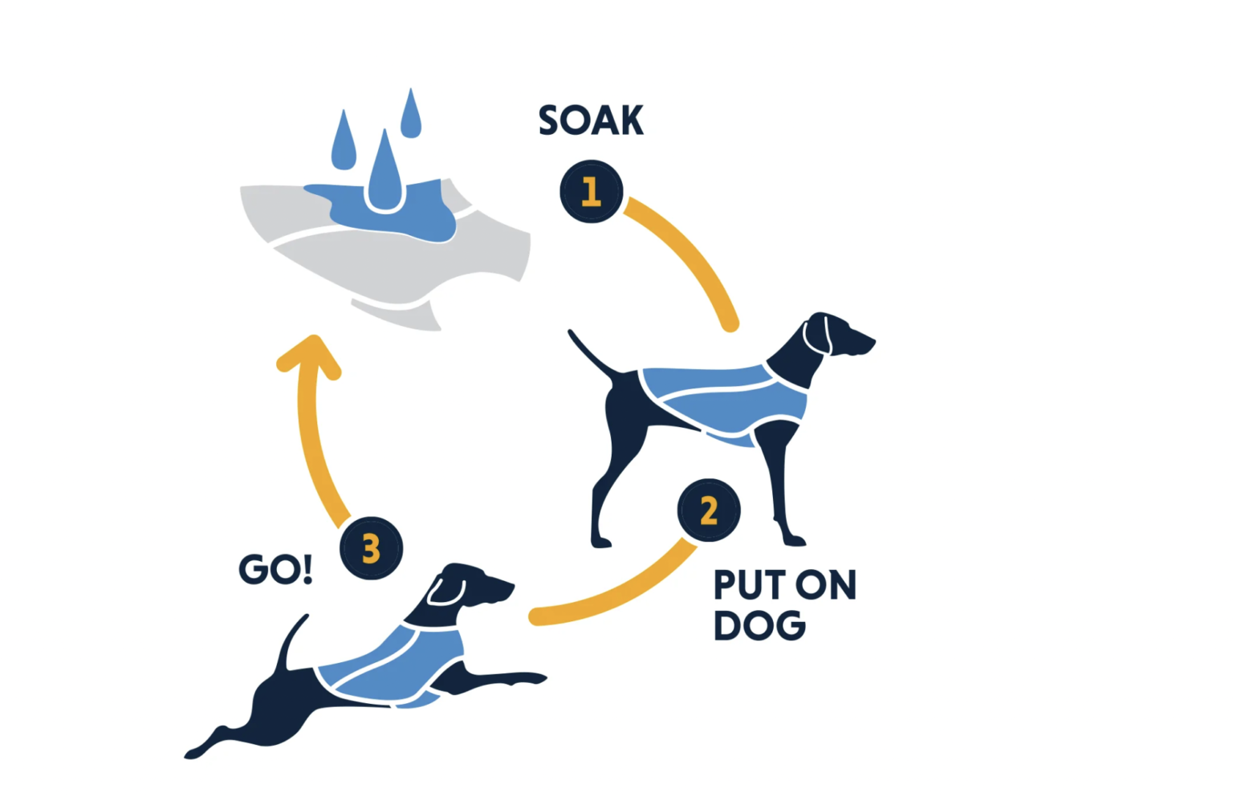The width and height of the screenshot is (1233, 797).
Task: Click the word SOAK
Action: coord(591,121)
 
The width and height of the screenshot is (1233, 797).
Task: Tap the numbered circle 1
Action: coord(592,191)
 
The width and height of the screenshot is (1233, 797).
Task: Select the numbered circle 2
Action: coord(708,510)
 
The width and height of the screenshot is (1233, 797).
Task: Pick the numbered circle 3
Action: coord(371,549)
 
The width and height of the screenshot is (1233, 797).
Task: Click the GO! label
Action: coord(275,570)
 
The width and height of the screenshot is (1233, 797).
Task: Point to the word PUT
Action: coord(749,585)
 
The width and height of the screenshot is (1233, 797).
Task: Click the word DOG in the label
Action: coord(759,626)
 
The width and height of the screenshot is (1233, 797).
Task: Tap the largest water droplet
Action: coord(385,177)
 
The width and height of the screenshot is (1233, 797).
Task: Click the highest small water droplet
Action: coord(411,115)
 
